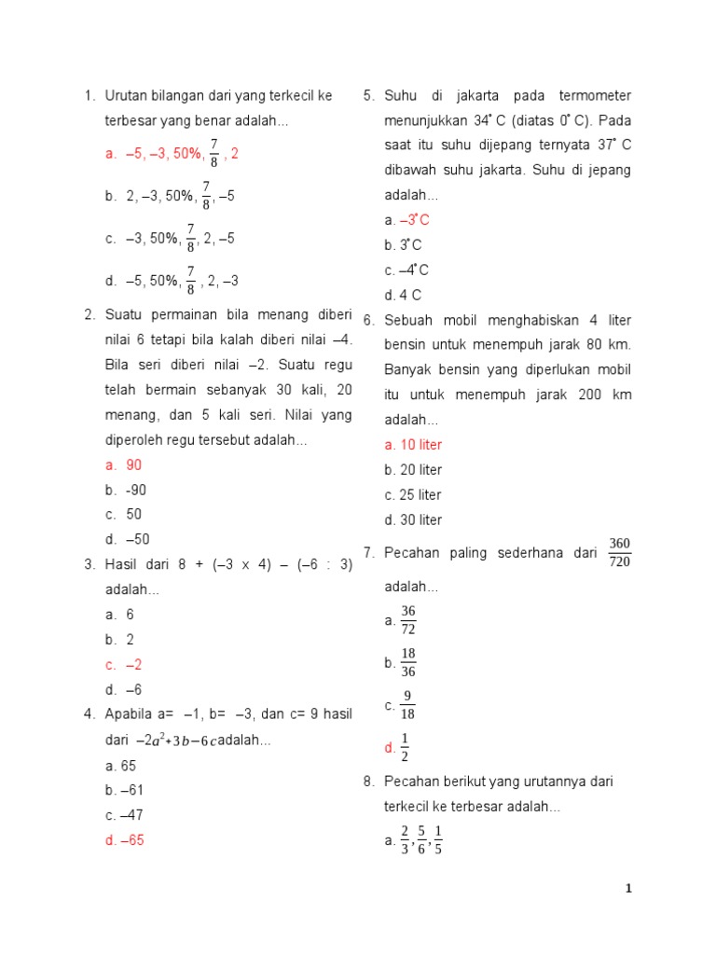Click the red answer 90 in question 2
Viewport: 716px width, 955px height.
tap(133, 465)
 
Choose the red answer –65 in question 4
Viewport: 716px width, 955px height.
tap(132, 840)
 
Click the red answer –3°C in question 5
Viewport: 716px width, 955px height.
tap(414, 220)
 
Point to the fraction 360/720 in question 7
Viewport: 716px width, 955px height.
tap(619, 552)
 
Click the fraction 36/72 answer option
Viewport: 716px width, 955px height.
tap(408, 620)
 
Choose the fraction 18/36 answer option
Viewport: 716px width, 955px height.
tap(408, 662)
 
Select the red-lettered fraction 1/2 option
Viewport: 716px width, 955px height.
tap(405, 747)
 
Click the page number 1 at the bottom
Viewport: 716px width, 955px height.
tap(628, 889)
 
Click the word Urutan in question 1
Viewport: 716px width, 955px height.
tap(126, 96)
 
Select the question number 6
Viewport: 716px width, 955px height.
tap(368, 320)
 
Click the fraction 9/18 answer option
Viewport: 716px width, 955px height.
tap(407, 706)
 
